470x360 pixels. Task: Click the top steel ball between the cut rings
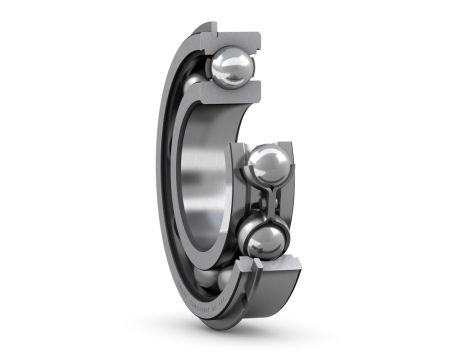(231, 68)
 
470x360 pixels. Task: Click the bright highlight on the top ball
(226, 61)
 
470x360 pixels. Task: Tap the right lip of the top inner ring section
(257, 96)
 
